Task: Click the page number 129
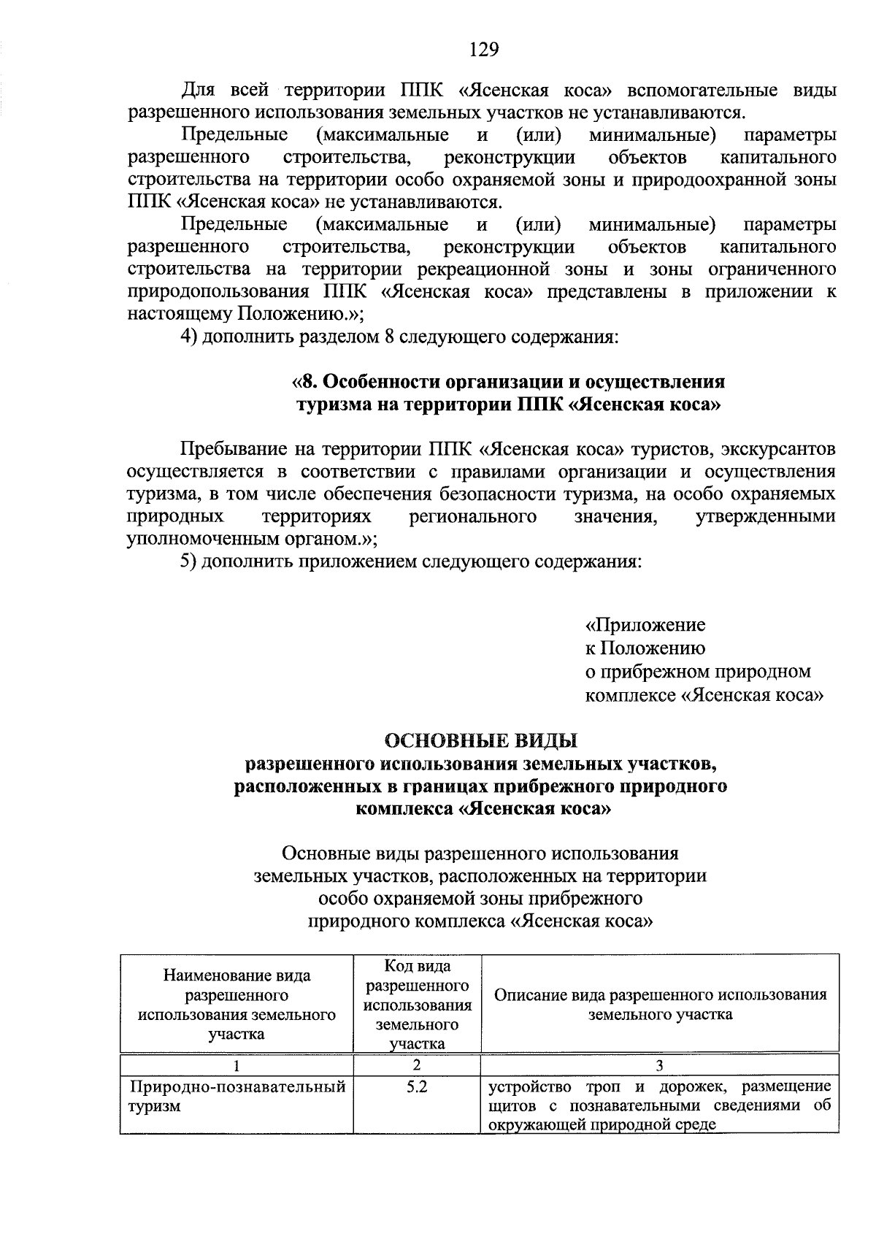coord(483,49)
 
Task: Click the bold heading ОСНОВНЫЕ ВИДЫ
coord(481,742)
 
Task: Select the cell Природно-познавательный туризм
coord(237,1097)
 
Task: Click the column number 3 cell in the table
coord(659,1065)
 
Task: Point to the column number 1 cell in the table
coord(236,1065)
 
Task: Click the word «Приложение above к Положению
coord(645,626)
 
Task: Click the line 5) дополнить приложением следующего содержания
coord(412,562)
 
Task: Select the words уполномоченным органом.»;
coord(252,540)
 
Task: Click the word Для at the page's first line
coord(196,91)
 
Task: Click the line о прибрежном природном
coord(698,672)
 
